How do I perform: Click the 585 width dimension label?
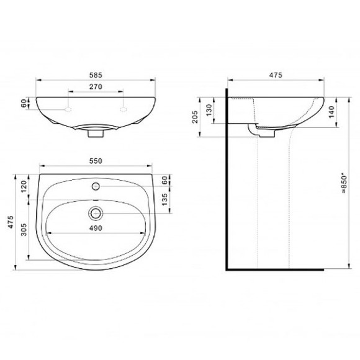pos(96,75)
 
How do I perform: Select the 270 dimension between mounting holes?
pos(96,87)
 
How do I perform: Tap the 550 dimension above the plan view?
pos(96,161)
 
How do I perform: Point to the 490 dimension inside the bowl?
pos(96,228)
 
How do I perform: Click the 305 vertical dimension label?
pos(24,230)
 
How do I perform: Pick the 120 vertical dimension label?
pos(24,186)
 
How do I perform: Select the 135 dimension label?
pos(164,199)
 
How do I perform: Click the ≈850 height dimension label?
pos(344,184)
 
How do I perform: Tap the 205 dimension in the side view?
pos(195,117)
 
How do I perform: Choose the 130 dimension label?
pos(209,110)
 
